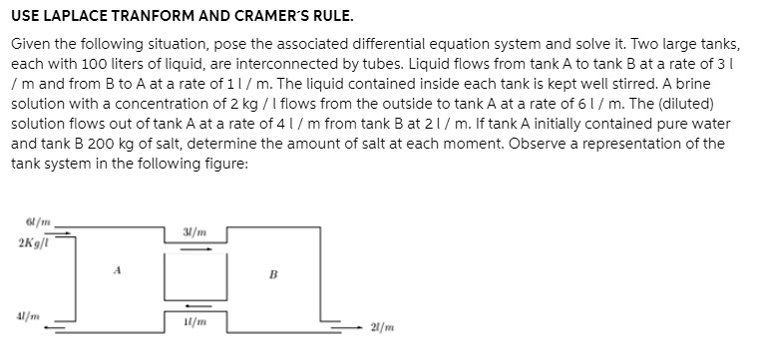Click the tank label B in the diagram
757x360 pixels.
[x=272, y=267]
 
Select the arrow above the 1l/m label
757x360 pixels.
[x=196, y=306]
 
